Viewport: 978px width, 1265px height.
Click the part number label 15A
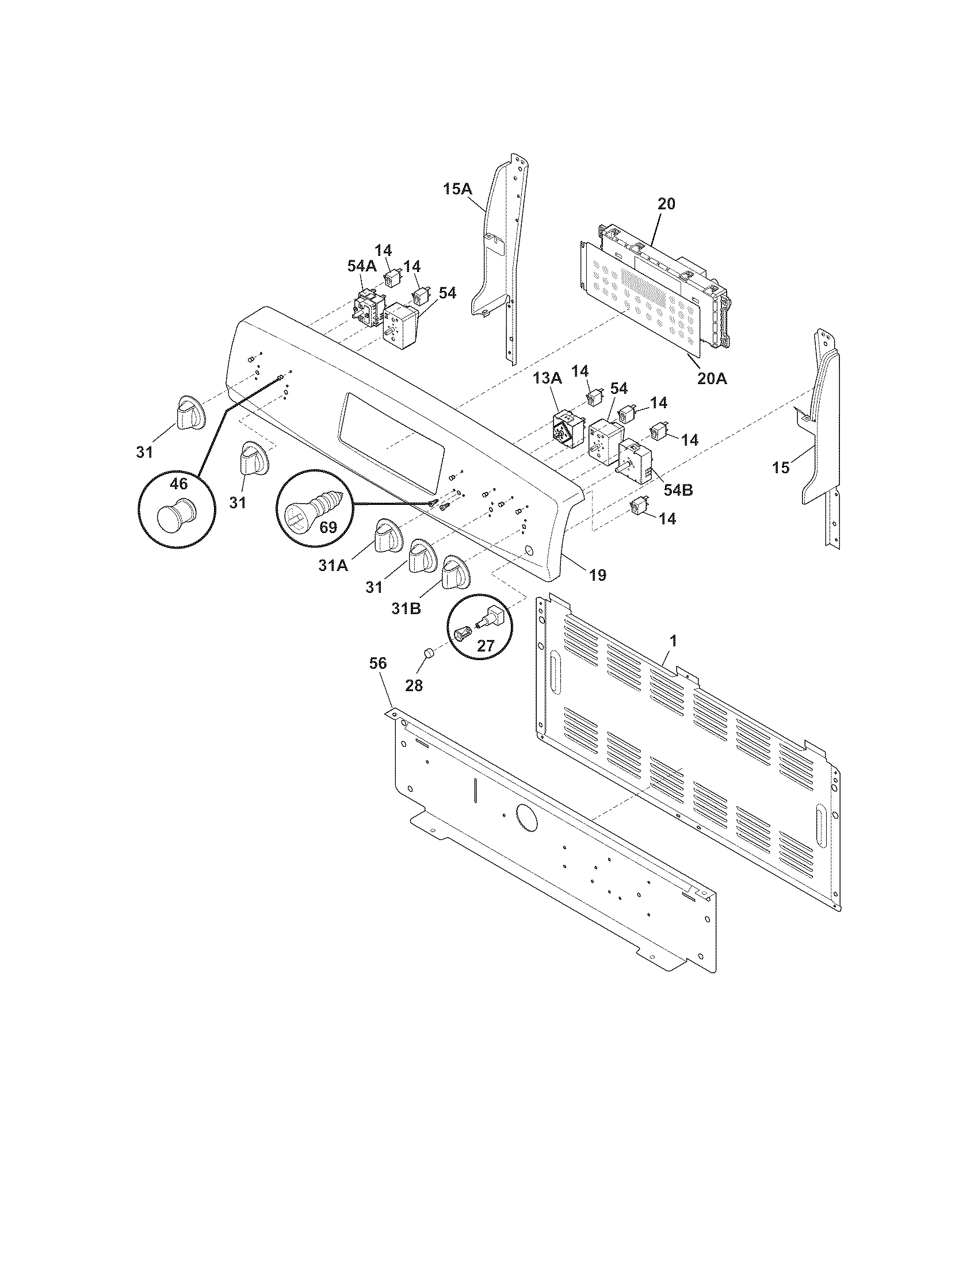point(458,189)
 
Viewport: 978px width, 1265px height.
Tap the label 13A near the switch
point(548,378)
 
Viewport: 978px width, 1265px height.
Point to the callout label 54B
point(678,489)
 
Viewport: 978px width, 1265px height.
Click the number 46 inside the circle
point(178,483)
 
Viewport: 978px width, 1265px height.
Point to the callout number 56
point(378,664)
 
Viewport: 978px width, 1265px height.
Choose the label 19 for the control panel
point(597,575)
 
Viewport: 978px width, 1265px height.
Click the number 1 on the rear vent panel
point(673,641)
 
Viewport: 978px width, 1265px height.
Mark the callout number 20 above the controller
point(666,204)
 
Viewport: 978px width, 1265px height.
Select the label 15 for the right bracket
point(781,467)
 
